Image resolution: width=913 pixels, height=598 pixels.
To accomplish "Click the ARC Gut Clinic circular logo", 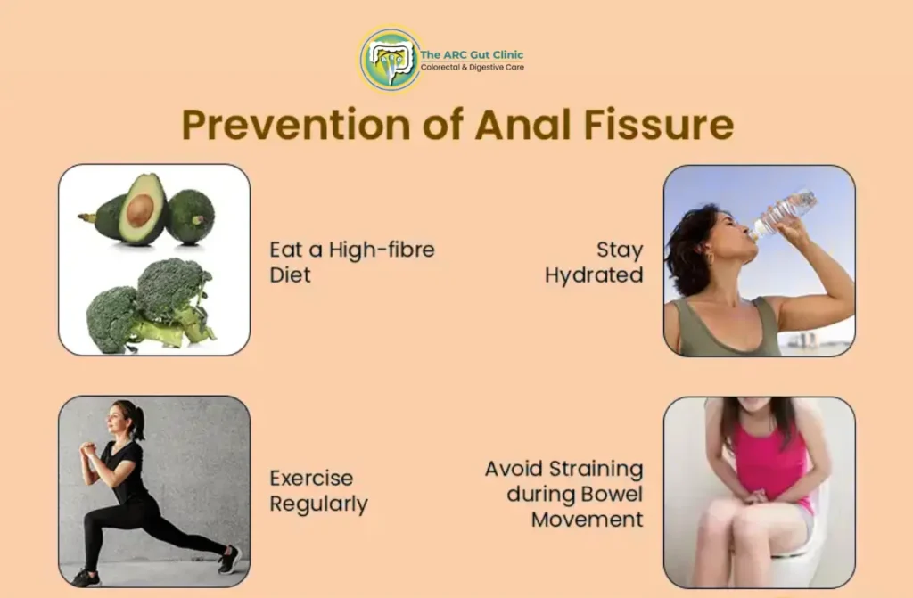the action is click(391, 59).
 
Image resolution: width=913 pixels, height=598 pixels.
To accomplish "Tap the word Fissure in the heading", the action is click(659, 124).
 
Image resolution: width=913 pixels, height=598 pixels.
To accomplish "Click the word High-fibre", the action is click(382, 250).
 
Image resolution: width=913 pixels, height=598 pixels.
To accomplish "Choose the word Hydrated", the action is click(594, 275).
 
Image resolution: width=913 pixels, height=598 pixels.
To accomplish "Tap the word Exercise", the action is click(311, 479).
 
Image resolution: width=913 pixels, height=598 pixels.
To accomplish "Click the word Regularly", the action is click(318, 504).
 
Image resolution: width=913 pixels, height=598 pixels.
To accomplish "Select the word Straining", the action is click(596, 470).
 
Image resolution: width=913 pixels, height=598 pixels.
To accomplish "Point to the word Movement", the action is click(587, 520).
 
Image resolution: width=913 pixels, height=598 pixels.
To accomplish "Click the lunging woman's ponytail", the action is click(137, 421).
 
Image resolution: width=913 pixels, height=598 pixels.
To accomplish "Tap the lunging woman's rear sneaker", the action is click(229, 559).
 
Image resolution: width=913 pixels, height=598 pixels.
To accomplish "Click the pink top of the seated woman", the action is click(768, 460).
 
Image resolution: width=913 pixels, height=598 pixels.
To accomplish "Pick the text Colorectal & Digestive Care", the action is click(473, 68).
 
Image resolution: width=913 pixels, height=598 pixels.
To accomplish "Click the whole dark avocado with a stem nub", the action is click(191, 216).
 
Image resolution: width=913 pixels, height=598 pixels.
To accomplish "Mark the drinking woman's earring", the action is click(710, 258).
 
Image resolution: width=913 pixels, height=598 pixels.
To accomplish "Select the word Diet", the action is click(290, 274).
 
